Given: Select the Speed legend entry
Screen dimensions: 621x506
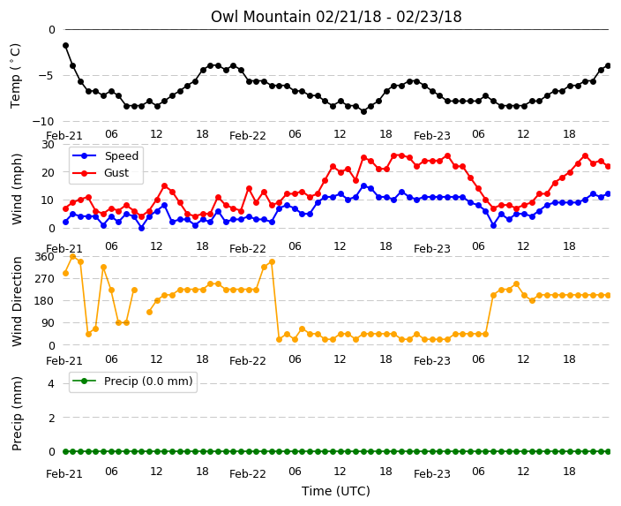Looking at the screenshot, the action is point(105,155).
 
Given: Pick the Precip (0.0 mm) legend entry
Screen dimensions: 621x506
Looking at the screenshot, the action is point(132,381).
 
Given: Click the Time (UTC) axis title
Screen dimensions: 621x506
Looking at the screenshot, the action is point(336,491).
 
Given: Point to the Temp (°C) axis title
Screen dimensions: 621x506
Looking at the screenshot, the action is point(16,76).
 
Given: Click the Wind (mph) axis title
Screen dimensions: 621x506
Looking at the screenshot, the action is point(17,189).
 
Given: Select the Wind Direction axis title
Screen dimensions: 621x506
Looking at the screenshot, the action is point(17,301).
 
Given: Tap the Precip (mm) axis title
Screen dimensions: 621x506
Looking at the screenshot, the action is point(17,413).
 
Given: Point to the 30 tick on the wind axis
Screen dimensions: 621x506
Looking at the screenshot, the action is point(48,144).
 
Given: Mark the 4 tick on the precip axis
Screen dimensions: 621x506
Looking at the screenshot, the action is point(51,383).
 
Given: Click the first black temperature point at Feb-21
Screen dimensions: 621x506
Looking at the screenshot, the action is point(65,46).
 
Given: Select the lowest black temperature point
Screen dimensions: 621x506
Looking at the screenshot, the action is point(363,112).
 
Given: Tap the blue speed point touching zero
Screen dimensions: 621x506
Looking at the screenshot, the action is point(141,228).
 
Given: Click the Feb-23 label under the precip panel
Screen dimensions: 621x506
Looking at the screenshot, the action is point(432,474).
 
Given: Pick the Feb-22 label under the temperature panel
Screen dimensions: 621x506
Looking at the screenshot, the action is point(248,136).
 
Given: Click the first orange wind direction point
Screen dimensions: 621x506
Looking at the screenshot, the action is point(65,273).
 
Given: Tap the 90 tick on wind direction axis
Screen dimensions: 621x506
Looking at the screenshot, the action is point(48,323).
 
